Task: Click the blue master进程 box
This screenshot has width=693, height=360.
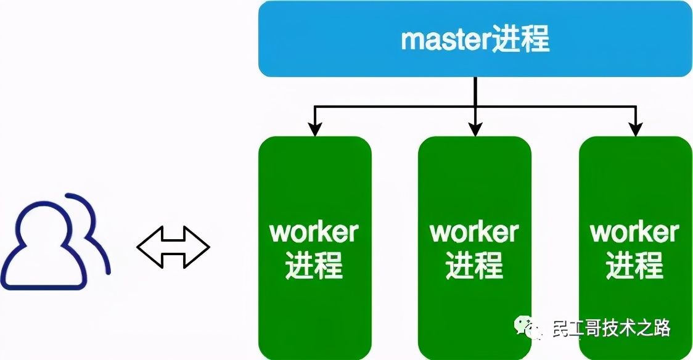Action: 475,39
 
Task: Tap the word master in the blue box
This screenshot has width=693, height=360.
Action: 441,40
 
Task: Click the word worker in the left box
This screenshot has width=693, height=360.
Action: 314,232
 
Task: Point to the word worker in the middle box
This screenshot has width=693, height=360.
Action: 474,232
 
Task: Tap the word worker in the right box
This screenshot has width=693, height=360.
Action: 635,232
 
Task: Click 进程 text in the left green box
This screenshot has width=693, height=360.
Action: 314,266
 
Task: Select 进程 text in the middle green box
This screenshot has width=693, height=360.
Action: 474,266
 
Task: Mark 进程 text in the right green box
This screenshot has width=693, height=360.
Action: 635,266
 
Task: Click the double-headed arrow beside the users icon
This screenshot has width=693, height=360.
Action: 173,248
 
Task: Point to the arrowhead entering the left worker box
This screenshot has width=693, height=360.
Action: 315,130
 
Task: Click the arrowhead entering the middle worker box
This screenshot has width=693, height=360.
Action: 475,130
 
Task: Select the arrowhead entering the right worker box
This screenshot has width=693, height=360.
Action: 636,130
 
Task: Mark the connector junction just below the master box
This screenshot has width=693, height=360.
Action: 475,107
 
